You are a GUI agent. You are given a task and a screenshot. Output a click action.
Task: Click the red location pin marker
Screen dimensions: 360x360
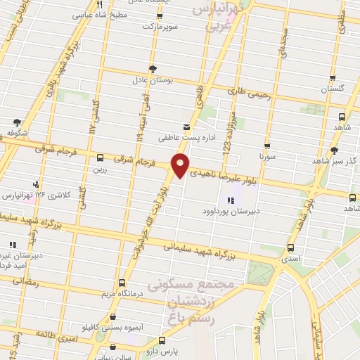(181, 164)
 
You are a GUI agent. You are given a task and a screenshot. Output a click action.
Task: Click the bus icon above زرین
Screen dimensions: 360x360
(100, 158)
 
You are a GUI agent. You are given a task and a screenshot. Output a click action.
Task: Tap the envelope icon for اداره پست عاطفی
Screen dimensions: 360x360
(187, 127)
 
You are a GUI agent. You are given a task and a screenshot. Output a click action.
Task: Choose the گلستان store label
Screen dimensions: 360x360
(335, 89)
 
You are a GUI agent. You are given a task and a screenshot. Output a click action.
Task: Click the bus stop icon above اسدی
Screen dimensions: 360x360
(291, 247)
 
